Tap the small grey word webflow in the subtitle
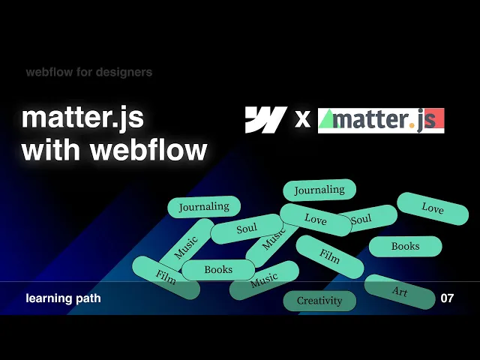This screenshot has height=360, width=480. [49, 73]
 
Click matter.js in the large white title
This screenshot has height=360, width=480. [82, 118]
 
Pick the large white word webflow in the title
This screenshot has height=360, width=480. [148, 149]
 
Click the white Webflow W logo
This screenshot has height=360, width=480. [265, 120]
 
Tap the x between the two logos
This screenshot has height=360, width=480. [302, 119]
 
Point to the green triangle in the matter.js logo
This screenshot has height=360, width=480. [328, 118]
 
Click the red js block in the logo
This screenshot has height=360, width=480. [430, 120]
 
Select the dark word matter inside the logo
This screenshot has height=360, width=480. [369, 120]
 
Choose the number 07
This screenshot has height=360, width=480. [447, 298]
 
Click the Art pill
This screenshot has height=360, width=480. [399, 291]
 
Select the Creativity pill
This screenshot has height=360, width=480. [319, 301]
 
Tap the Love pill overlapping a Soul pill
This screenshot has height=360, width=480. [316, 220]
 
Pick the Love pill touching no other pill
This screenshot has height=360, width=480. [433, 208]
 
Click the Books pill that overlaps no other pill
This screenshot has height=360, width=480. [406, 246]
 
